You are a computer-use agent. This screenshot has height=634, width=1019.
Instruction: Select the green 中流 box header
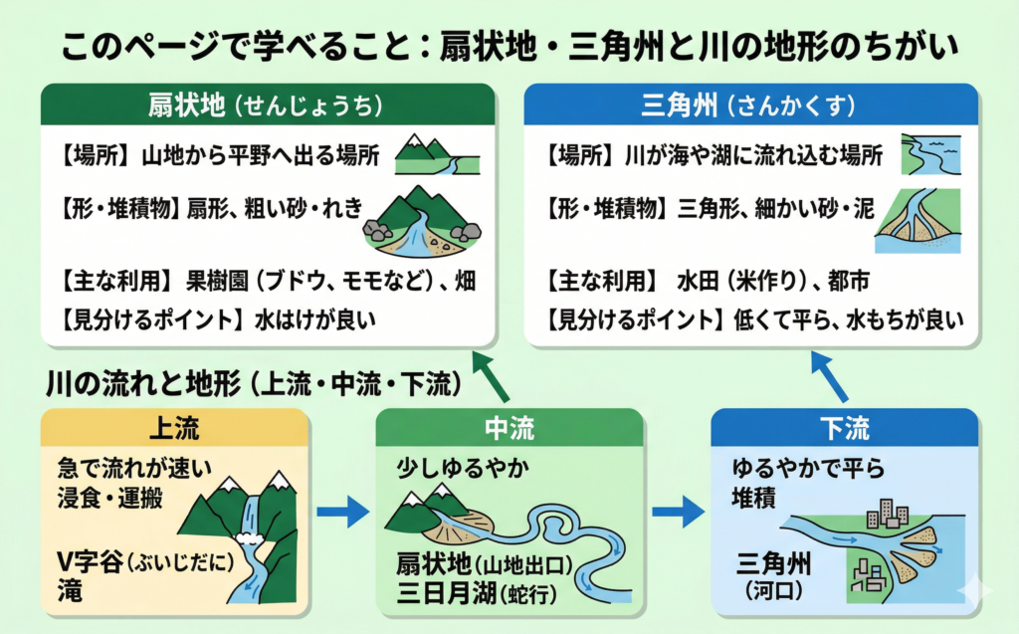(509, 429)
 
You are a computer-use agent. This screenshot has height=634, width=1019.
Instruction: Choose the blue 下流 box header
(844, 429)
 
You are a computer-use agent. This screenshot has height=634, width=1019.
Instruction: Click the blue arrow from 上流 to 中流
(341, 514)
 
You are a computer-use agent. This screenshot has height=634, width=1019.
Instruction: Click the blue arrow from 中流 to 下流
(677, 514)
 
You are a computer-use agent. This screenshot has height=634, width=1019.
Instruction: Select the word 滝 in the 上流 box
(70, 593)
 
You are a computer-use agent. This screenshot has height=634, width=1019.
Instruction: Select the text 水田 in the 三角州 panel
(695, 281)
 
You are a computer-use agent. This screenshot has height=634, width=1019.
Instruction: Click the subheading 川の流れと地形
(139, 382)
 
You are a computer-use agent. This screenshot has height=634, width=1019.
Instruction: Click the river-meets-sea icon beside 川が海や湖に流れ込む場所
(930, 154)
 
